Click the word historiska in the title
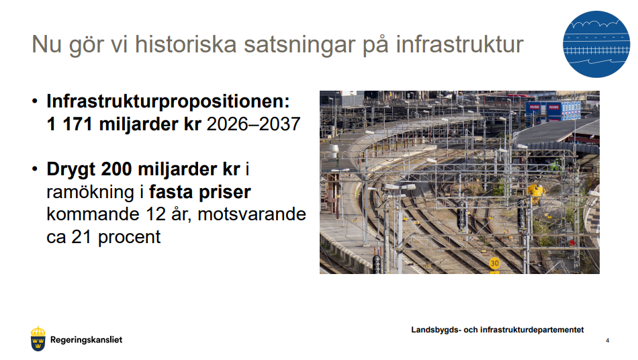pyautogui.click(x=185, y=44)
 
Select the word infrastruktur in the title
pyautogui.click(x=459, y=44)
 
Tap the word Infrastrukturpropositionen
pyautogui.click(x=168, y=101)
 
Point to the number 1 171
pyautogui.click(x=70, y=124)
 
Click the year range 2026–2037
pyautogui.click(x=253, y=124)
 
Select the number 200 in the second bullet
pyautogui.click(x=116, y=169)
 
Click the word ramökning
pyautogui.click(x=90, y=192)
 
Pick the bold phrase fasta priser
pyautogui.click(x=199, y=193)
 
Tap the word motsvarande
pyautogui.click(x=252, y=214)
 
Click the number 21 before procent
pyautogui.click(x=81, y=236)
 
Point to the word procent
pyautogui.click(x=130, y=238)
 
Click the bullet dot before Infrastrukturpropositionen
pyautogui.click(x=35, y=101)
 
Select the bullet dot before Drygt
pyautogui.click(x=35, y=169)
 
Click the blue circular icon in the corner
pyautogui.click(x=596, y=44)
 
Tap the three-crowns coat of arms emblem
pyautogui.click(x=38, y=339)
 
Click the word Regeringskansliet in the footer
pyautogui.click(x=86, y=340)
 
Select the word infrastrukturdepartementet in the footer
pyautogui.click(x=532, y=330)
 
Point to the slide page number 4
pyautogui.click(x=608, y=341)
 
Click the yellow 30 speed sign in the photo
pyautogui.click(x=494, y=263)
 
